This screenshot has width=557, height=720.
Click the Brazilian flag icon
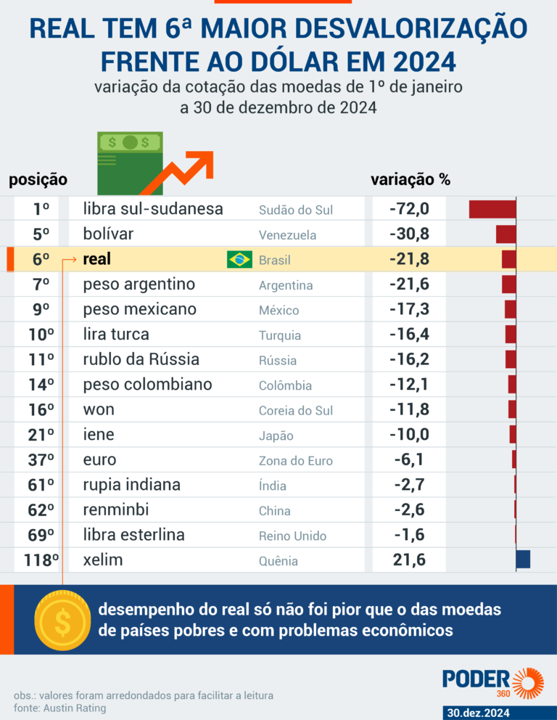tap(239, 259)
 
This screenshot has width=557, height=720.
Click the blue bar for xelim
tap(523, 560)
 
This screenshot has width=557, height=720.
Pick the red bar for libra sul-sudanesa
tap(492, 209)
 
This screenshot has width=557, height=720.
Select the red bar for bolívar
tap(506, 234)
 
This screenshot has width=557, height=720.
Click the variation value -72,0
tap(409, 209)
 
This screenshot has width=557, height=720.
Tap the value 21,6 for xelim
tap(410, 560)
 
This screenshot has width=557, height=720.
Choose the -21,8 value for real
tap(409, 259)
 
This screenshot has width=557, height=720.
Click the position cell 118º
tap(41, 560)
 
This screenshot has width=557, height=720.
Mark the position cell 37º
tap(41, 459)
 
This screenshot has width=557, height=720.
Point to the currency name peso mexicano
tap(139, 309)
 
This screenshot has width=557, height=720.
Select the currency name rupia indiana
tap(132, 484)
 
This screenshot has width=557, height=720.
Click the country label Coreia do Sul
tap(296, 410)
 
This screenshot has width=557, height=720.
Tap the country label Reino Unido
tap(292, 536)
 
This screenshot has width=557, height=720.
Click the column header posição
tap(38, 179)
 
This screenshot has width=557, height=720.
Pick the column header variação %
tap(410, 179)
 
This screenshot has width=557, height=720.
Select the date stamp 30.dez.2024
tap(479, 713)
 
